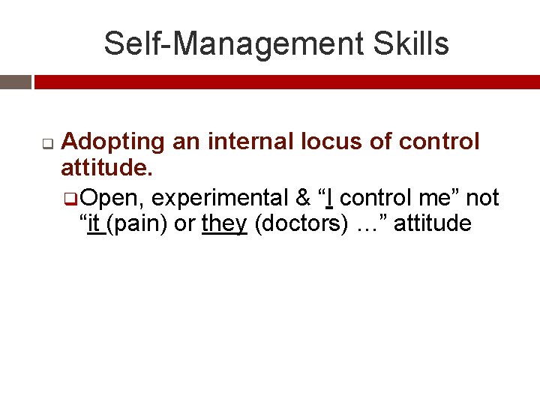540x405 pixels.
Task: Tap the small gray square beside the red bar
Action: pos(16,82)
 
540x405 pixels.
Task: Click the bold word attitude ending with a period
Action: pos(106,169)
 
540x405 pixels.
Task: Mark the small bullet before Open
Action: pos(70,199)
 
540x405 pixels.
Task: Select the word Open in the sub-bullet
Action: pos(112,198)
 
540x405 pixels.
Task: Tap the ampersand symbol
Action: pos(303,198)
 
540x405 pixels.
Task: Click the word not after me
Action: pos(482,198)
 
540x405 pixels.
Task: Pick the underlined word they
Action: pos(224,224)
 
